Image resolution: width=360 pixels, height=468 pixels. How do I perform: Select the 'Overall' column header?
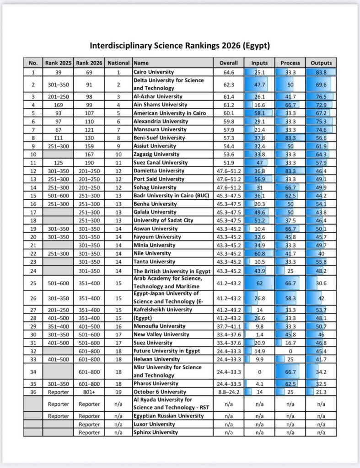pyautogui.click(x=228, y=63)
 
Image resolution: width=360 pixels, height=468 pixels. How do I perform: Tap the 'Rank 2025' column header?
pyautogui.click(x=58, y=63)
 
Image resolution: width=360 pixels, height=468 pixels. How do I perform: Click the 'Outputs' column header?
pyautogui.click(x=321, y=63)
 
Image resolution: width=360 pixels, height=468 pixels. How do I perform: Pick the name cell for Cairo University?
pyautogui.click(x=154, y=72)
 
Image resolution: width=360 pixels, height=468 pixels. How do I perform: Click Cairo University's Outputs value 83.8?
pyautogui.click(x=321, y=72)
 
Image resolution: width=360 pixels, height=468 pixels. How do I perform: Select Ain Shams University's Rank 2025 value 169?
pyautogui.click(x=58, y=105)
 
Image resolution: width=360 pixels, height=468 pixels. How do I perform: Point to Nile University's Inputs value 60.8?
pyautogui.click(x=259, y=253)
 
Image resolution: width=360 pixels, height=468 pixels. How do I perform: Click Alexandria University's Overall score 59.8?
pyautogui.click(x=228, y=121)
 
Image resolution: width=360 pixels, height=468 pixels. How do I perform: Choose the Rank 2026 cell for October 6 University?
pyautogui.click(x=89, y=392)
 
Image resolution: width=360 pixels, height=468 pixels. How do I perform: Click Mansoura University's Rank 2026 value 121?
pyautogui.click(x=89, y=129)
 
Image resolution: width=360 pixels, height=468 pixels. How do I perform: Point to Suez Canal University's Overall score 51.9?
pyautogui.click(x=228, y=162)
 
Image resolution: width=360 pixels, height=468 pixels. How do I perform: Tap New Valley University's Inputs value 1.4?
pyautogui.click(x=259, y=335)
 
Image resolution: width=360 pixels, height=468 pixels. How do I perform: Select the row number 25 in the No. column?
pyautogui.click(x=33, y=283)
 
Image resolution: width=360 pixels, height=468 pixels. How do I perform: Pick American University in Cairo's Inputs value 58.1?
pyautogui.click(x=259, y=113)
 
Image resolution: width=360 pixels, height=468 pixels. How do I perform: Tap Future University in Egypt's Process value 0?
pyautogui.click(x=290, y=351)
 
